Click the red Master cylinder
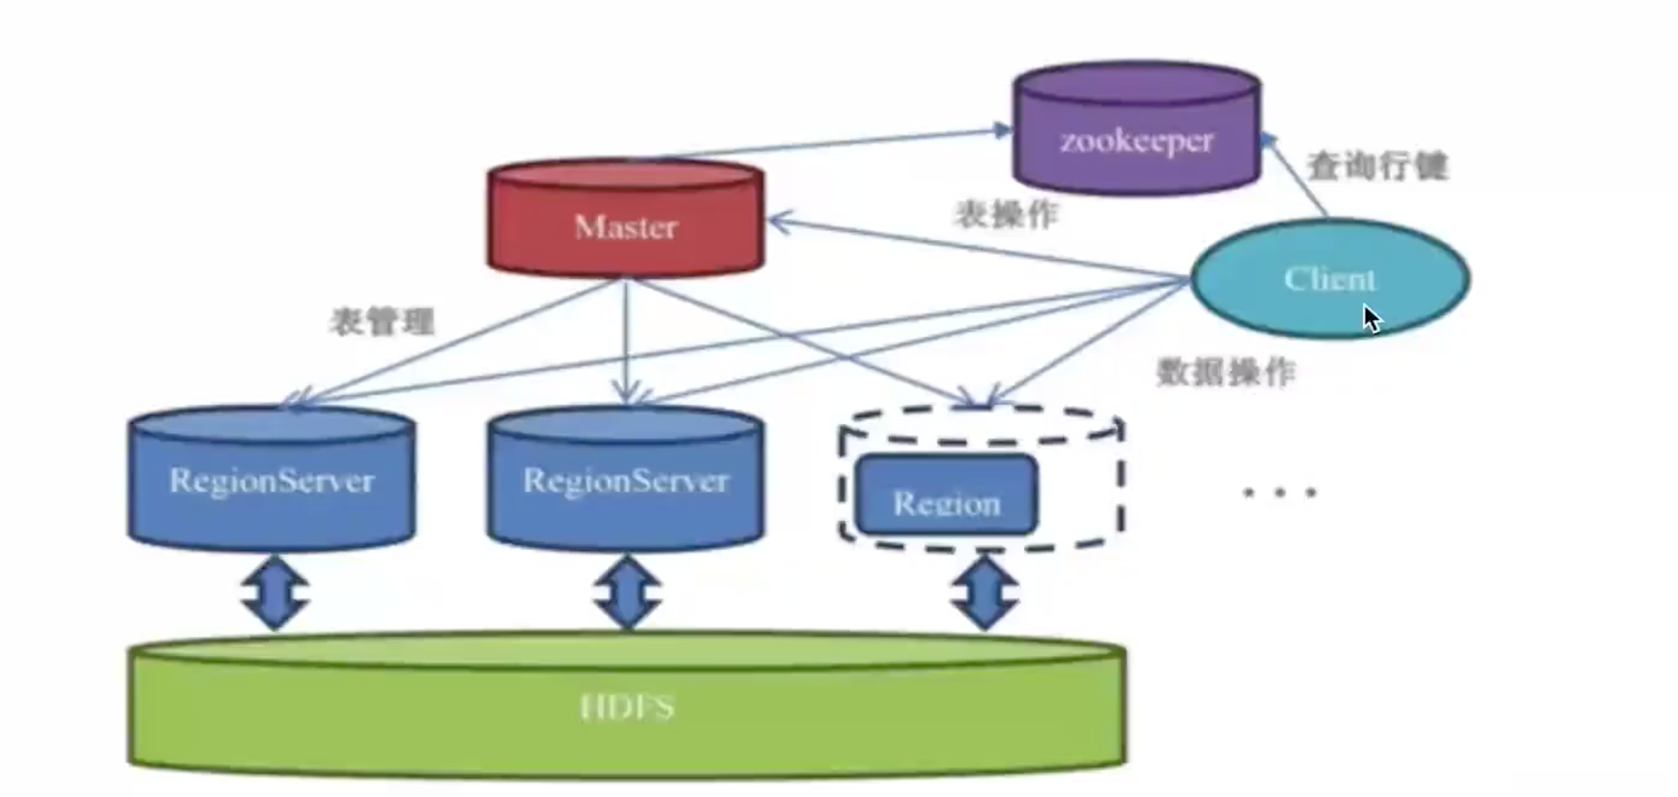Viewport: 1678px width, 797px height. click(x=625, y=218)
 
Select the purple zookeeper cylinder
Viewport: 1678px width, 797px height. click(x=1137, y=130)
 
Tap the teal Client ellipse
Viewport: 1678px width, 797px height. click(x=1329, y=279)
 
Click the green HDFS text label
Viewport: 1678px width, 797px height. click(x=626, y=706)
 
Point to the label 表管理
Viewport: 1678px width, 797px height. click(x=383, y=321)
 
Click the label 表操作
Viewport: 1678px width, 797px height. click(x=1007, y=214)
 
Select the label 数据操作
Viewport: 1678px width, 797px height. click(x=1225, y=373)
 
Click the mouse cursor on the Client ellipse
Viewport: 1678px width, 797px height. click(x=1372, y=319)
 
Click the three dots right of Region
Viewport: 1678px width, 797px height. click(x=1279, y=492)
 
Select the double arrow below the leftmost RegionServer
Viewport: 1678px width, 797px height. click(x=275, y=592)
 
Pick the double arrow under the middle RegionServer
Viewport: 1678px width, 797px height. click(x=627, y=592)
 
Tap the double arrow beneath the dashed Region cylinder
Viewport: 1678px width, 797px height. click(x=984, y=592)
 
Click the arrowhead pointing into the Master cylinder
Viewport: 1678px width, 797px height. click(x=779, y=222)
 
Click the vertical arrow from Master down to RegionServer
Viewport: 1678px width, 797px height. click(x=626, y=339)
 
